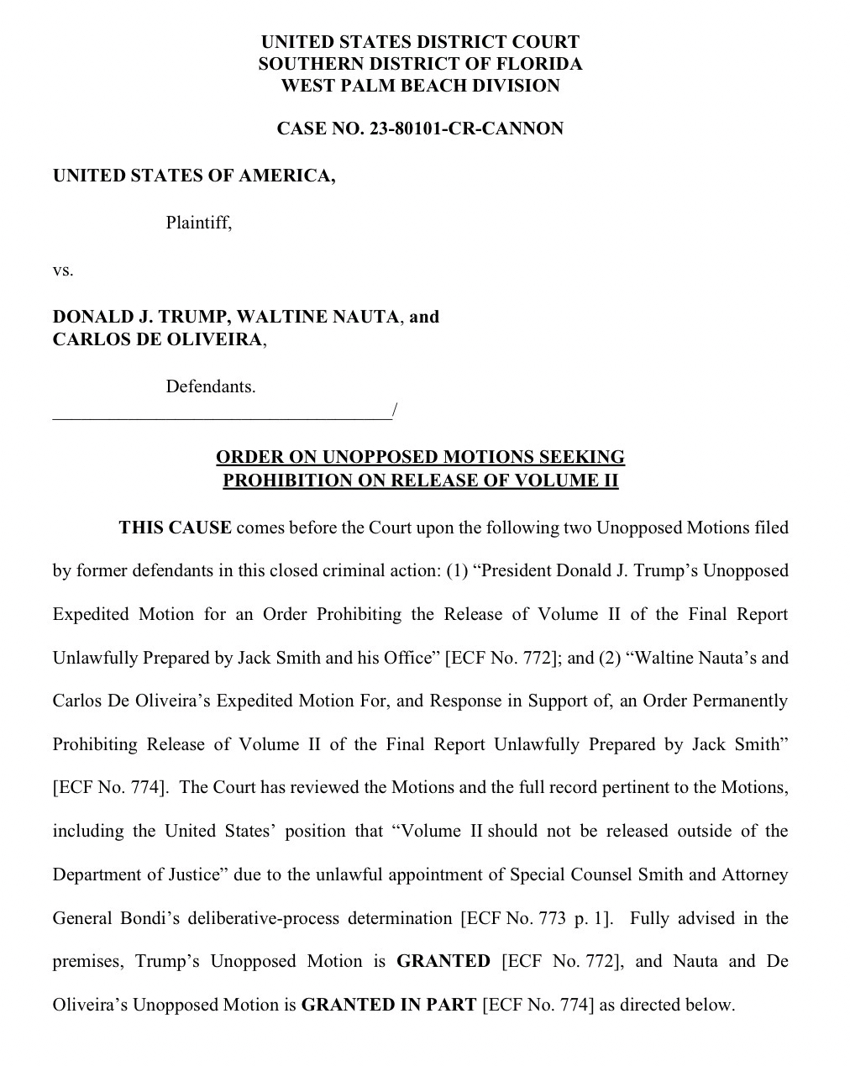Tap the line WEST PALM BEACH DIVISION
420,86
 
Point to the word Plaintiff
198,223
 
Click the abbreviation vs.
63,270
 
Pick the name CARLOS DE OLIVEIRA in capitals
158,339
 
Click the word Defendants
210,387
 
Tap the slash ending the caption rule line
394,411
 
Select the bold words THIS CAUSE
175,528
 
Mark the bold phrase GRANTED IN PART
388,1005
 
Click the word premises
87,961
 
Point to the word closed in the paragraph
292,571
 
